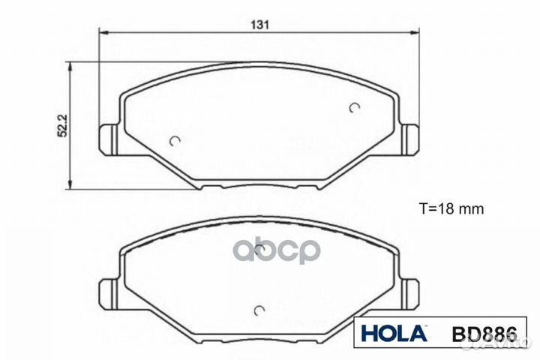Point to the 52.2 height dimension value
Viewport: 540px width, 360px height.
64,125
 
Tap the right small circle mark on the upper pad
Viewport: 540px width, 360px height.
355,108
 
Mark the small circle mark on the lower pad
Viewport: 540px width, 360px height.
259,309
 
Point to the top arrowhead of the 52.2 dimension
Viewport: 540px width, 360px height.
71,67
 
